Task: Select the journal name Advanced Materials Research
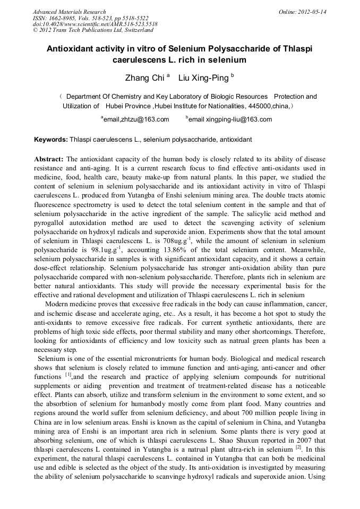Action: (70, 12)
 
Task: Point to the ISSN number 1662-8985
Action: (62, 18)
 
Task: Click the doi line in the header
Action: (95, 24)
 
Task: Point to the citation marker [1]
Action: (68, 375)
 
